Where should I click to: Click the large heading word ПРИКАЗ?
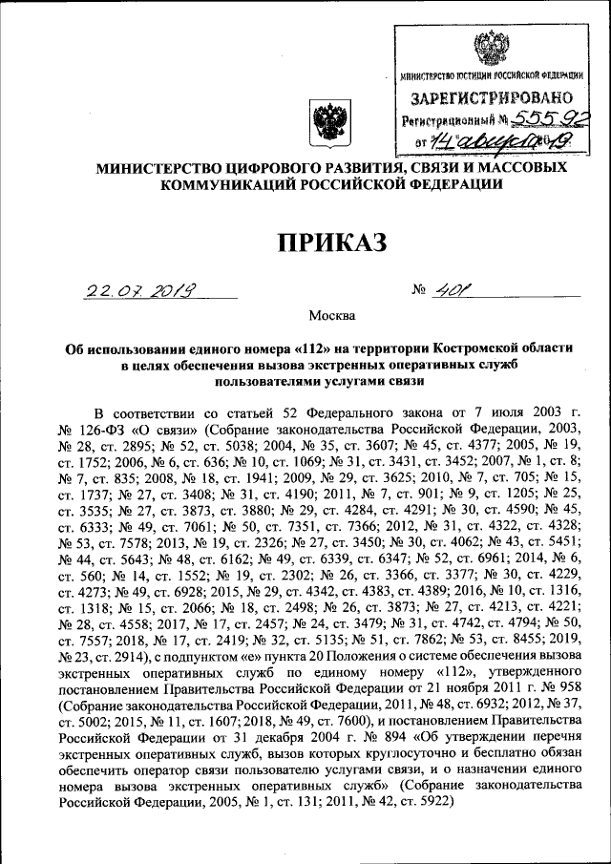pos(332,242)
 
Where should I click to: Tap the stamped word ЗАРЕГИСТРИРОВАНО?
pos(492,97)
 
